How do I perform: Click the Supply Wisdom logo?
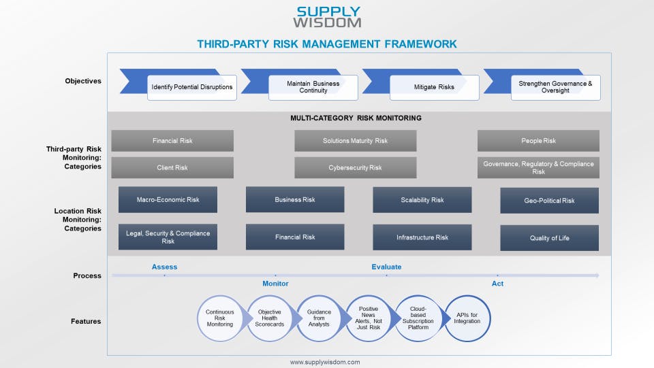tap(328, 17)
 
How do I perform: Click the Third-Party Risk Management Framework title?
tap(327, 44)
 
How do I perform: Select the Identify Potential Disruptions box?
tap(192, 87)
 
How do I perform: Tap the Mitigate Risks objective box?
tap(434, 87)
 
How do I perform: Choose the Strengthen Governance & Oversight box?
tap(555, 87)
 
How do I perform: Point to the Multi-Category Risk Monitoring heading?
tap(356, 118)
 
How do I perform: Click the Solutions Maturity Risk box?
tap(355, 141)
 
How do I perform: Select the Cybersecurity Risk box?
tap(355, 167)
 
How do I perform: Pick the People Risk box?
tap(538, 141)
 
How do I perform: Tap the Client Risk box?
tap(172, 167)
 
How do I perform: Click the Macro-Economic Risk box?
tap(168, 200)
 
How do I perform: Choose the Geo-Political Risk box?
tap(549, 201)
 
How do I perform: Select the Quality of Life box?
tap(549, 238)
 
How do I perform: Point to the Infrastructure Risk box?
tap(422, 237)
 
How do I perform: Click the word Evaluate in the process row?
tap(386, 267)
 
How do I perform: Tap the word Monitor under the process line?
tap(275, 284)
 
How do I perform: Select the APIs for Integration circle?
tap(467, 318)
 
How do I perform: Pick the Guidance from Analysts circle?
tap(319, 318)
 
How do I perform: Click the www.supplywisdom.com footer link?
tap(325, 363)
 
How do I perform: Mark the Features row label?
tap(86, 321)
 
